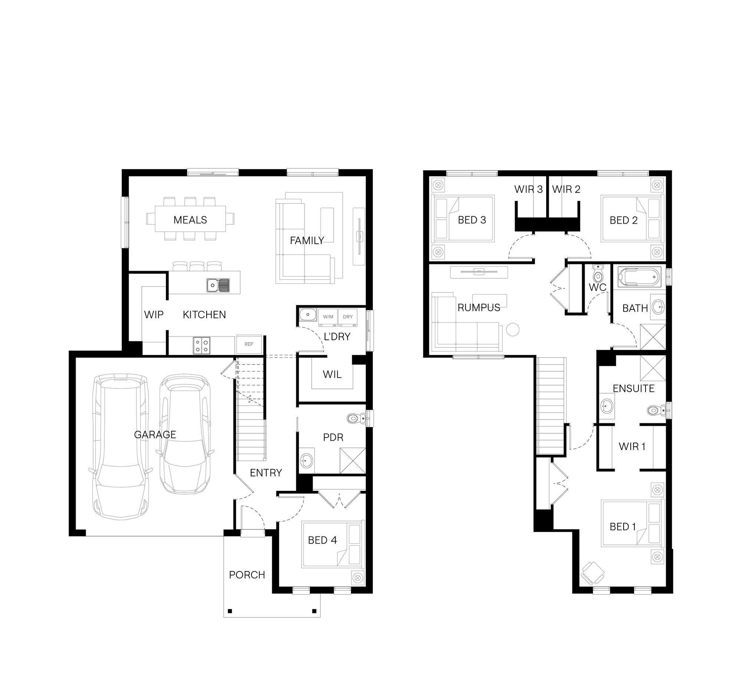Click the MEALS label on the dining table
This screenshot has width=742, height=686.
point(190,220)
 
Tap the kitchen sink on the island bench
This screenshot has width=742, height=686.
point(218,285)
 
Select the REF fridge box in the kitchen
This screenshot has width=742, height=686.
point(249,344)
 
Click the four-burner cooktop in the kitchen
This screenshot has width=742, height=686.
point(201,345)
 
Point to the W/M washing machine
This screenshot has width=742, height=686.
point(328,317)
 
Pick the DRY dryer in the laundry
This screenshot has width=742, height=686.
point(348,317)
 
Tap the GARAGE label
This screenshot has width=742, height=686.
point(155,434)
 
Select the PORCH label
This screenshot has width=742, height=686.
point(247,575)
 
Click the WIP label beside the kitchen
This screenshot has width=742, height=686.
point(154,315)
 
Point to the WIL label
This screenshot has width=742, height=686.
point(332,375)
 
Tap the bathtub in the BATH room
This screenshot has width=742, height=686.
point(639,277)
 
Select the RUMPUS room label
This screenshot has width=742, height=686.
point(479,308)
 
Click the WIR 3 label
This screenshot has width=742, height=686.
point(529,189)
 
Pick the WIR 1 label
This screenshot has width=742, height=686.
point(632,447)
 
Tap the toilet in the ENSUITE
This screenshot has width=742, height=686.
point(657,410)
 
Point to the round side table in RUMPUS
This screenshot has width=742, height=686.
point(513,329)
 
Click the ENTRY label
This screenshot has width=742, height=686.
point(266,473)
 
